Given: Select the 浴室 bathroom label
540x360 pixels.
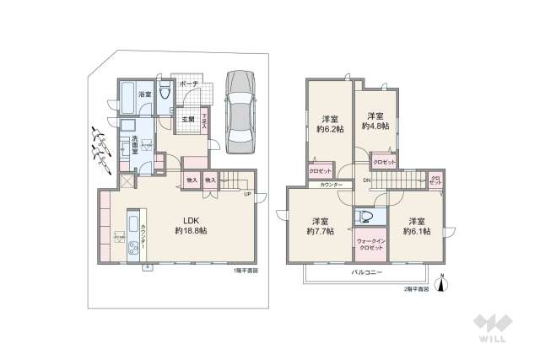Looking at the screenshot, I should click(146, 94).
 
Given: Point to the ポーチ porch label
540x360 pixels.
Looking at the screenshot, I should click(190, 84).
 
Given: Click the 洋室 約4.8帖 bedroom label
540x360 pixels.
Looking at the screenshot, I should click(375, 121).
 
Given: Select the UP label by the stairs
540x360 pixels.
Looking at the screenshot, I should click(247, 195).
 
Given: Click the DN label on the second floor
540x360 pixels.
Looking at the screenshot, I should click(367, 180).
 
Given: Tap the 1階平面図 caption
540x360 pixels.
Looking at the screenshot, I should click(246, 271).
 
